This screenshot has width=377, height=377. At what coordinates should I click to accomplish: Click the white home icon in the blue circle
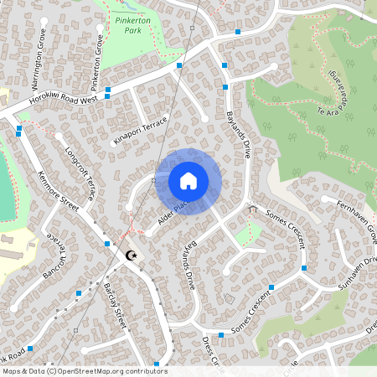coord(188,181)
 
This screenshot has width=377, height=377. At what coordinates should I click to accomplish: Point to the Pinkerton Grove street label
coord(98,51)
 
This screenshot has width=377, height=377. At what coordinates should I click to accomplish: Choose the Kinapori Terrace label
coord(140,130)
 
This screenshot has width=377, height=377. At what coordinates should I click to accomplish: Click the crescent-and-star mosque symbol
coord(130,256)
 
